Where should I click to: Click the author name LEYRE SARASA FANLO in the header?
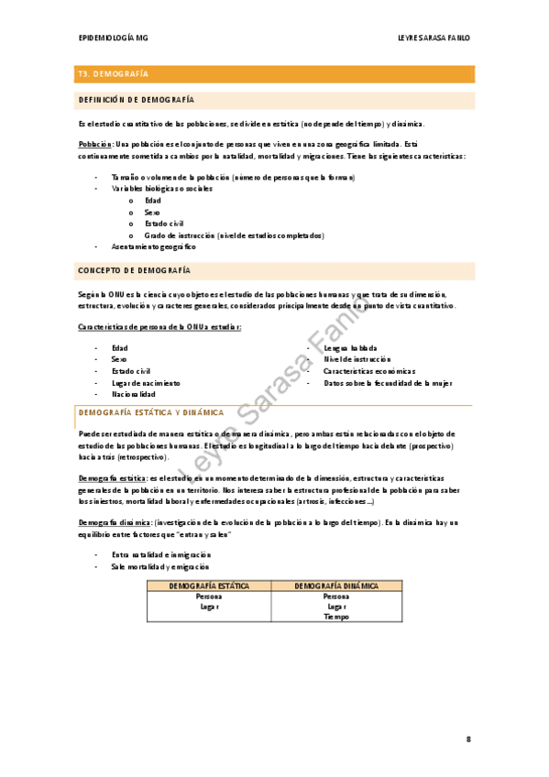(434, 38)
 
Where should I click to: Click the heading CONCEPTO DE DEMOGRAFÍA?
(135, 271)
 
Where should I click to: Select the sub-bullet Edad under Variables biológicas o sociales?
(153, 200)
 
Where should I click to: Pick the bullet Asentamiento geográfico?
(153, 246)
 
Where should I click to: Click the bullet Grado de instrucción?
(234, 235)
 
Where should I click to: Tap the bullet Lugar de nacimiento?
(146, 383)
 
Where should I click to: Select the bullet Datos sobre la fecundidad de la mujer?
(388, 383)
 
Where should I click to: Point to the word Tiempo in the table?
(335, 617)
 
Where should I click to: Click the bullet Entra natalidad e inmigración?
(160, 554)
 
